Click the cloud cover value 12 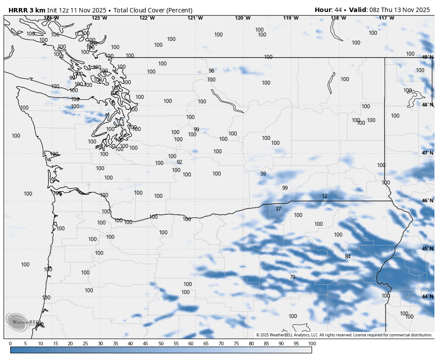point(324,196)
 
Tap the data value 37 point(278,209)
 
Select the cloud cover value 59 point(263,174)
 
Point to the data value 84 point(348,257)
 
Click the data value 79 point(292,277)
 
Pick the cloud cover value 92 point(179,162)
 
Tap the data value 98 point(211,71)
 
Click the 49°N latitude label point(427,57)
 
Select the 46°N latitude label point(427,201)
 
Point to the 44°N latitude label point(427,297)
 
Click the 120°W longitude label point(243,18)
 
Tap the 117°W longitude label point(386,18)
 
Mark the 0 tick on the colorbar point(10,344)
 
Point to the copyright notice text point(344,335)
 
